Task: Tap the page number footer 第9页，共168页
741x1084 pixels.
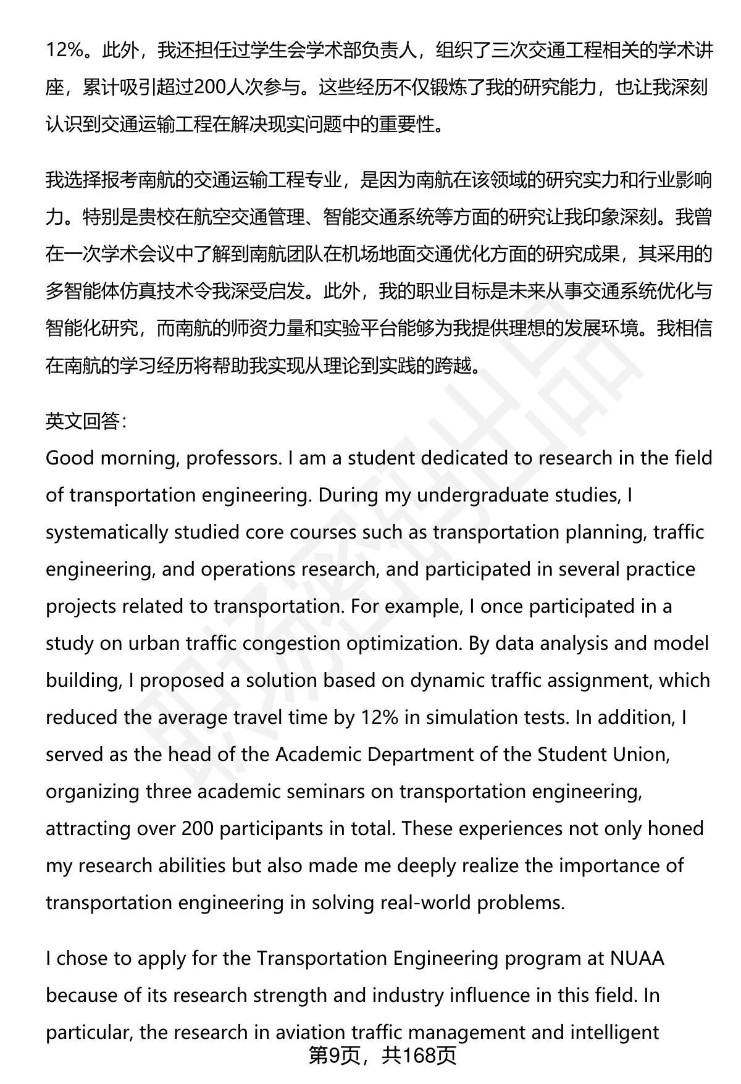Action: [x=382, y=1055]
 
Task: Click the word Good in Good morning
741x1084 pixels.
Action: [x=70, y=458]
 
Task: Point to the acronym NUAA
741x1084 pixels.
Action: [x=637, y=959]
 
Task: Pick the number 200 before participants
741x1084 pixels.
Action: [x=198, y=829]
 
